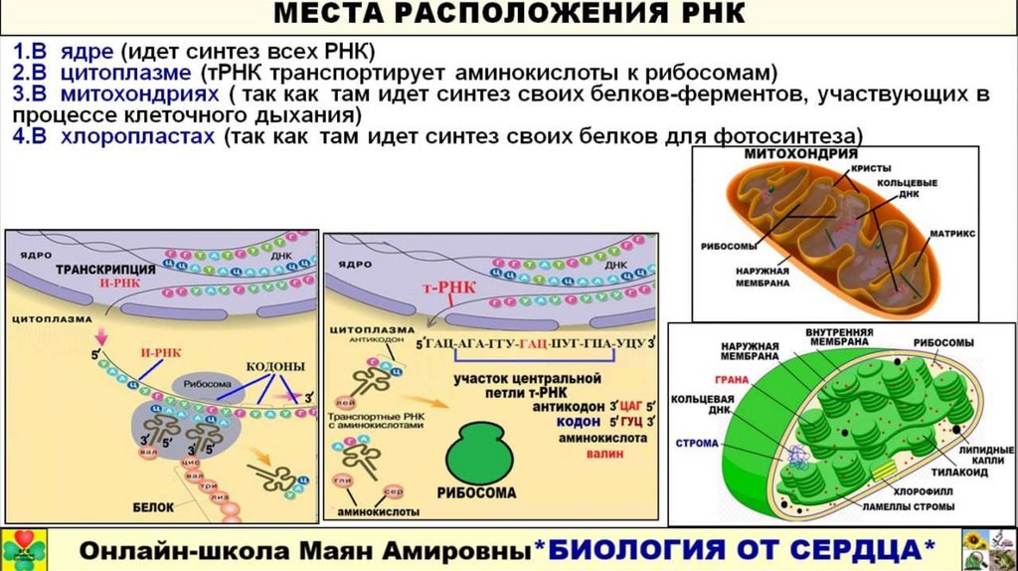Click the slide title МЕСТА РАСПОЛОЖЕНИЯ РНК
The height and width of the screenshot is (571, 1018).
509,16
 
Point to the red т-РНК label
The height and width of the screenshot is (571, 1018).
450,287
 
